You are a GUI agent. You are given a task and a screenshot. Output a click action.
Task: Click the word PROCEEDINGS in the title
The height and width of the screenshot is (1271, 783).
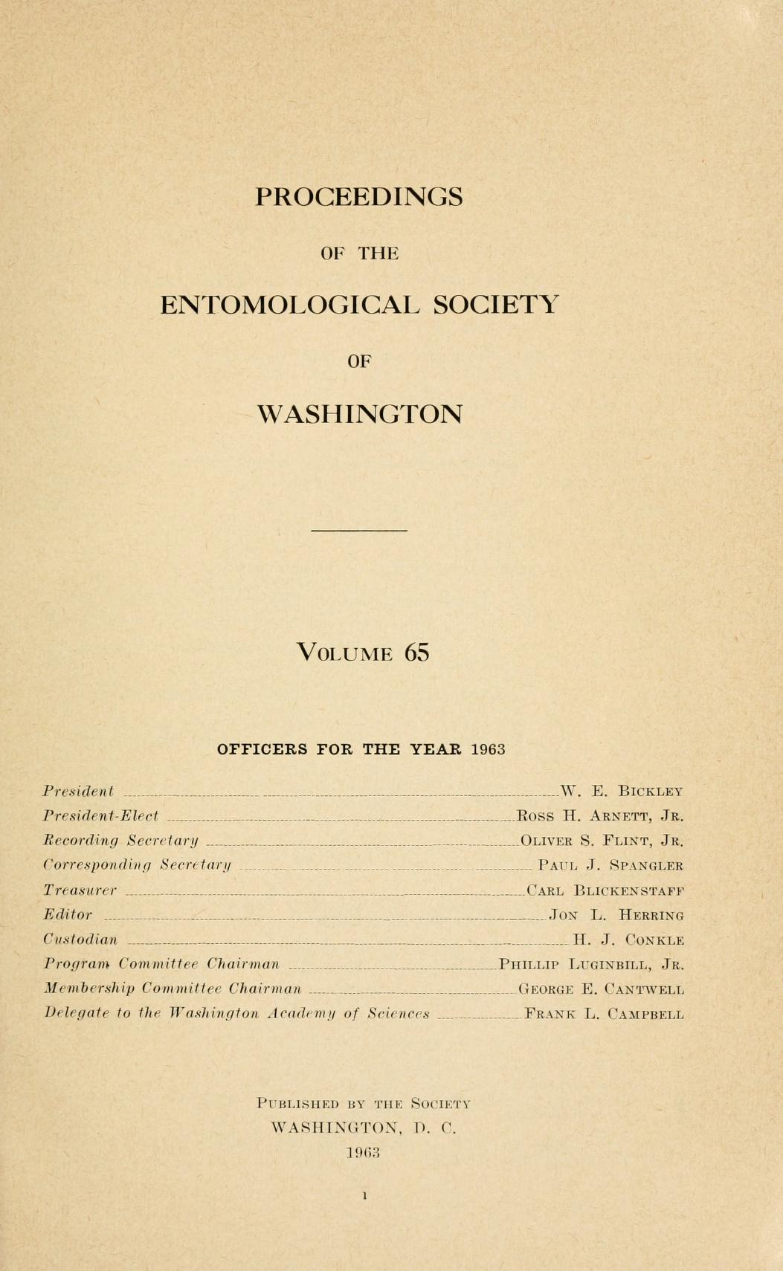pos(359,197)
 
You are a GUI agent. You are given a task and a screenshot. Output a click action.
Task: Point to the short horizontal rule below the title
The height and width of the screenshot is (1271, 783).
pos(359,531)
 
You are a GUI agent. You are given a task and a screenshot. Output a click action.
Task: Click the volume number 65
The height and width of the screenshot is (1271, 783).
pos(417,653)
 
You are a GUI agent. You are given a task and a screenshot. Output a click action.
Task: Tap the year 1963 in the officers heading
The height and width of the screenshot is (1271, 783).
pos(488,749)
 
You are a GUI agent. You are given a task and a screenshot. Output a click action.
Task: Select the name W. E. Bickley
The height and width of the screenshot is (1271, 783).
pos(622,791)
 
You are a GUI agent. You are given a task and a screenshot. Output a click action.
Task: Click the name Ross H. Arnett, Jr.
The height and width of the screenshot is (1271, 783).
pos(599,816)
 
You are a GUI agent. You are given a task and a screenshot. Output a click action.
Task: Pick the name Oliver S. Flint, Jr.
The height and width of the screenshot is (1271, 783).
pos(602,841)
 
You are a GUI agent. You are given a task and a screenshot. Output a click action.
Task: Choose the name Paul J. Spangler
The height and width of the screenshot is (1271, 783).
pos(610,866)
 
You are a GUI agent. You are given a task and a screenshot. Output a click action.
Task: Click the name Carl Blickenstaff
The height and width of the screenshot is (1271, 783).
pos(605,890)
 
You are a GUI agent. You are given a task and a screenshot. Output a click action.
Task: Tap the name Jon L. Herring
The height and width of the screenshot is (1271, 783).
pos(616,916)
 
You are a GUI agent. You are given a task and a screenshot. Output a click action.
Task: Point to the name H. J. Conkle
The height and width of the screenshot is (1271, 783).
pos(628,940)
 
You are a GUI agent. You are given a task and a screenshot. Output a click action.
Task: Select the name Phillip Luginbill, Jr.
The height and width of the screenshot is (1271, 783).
pos(591,966)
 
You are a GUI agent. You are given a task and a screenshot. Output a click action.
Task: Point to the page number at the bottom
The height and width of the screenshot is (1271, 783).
pos(364,1196)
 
